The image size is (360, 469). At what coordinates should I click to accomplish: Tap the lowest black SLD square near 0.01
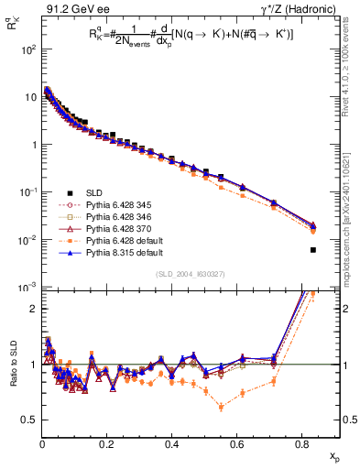[313, 250]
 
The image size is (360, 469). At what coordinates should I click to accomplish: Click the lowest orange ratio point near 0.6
[221, 407]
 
